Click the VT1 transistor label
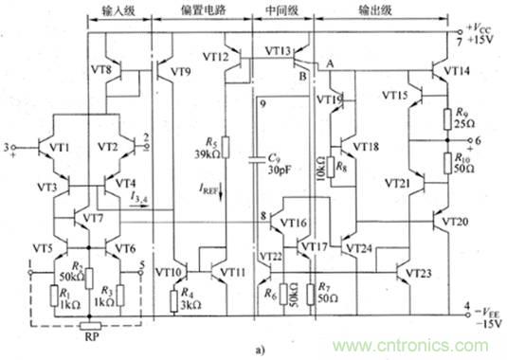[x=61, y=148]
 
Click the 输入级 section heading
[x=119, y=17]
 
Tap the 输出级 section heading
[x=371, y=17]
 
